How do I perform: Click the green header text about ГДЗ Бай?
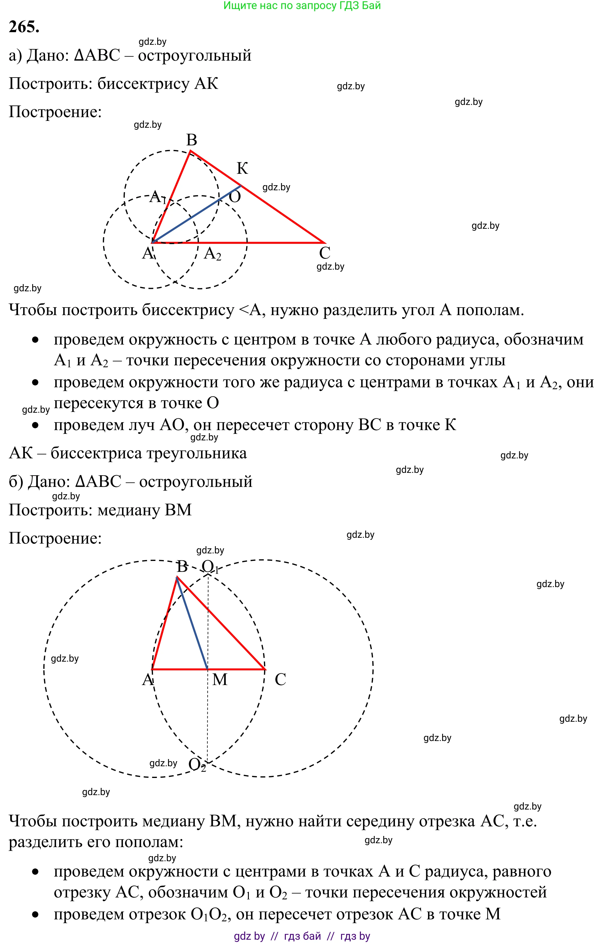click(302, 5)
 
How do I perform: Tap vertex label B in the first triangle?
click(191, 140)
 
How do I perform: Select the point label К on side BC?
click(242, 168)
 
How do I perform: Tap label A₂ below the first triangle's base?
click(212, 254)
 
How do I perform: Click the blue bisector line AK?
click(197, 214)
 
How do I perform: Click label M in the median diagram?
click(220, 679)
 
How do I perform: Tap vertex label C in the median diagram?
click(280, 679)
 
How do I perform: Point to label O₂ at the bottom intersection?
click(197, 765)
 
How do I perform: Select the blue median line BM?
click(192, 625)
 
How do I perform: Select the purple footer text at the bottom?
click(302, 936)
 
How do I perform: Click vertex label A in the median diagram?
click(147, 679)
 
